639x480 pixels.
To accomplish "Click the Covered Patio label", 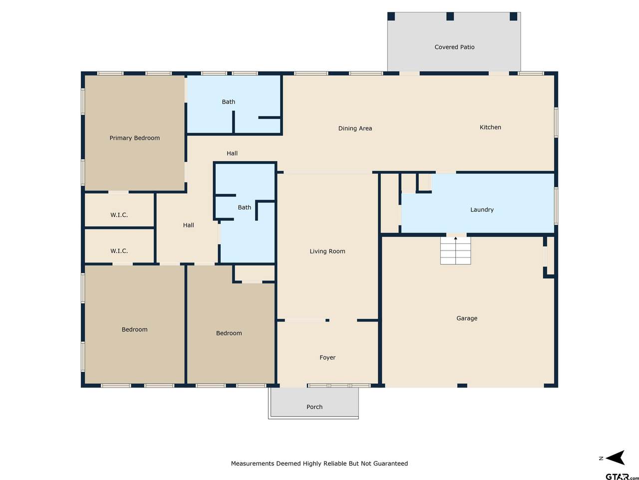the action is pos(454,47).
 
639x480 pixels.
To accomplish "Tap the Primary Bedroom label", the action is pos(134,138).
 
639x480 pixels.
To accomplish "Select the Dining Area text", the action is pos(355,128).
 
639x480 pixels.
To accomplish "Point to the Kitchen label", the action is pos(490,127).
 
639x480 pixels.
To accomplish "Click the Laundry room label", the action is pos(482,209).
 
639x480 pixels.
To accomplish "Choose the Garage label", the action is pos(467,318).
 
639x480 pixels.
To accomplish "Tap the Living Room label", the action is pos(327,251).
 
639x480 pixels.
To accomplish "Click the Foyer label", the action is pos(327,357).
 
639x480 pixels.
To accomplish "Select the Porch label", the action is pos(315,407).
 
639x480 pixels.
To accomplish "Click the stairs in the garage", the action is pos(455,250).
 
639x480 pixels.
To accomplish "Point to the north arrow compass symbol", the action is pos(615,458).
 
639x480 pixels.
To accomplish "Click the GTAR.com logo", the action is pos(622,476).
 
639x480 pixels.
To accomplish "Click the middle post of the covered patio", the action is pos(450,16).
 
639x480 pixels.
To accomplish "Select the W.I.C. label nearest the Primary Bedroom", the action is pos(119,215).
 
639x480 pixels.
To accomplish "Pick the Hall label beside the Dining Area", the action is pos(232,153).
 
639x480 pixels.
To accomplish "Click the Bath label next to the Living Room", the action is pos(244,207).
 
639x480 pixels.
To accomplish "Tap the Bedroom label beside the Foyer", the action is pos(229,333).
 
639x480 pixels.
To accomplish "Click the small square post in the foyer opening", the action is pos(327,320).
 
